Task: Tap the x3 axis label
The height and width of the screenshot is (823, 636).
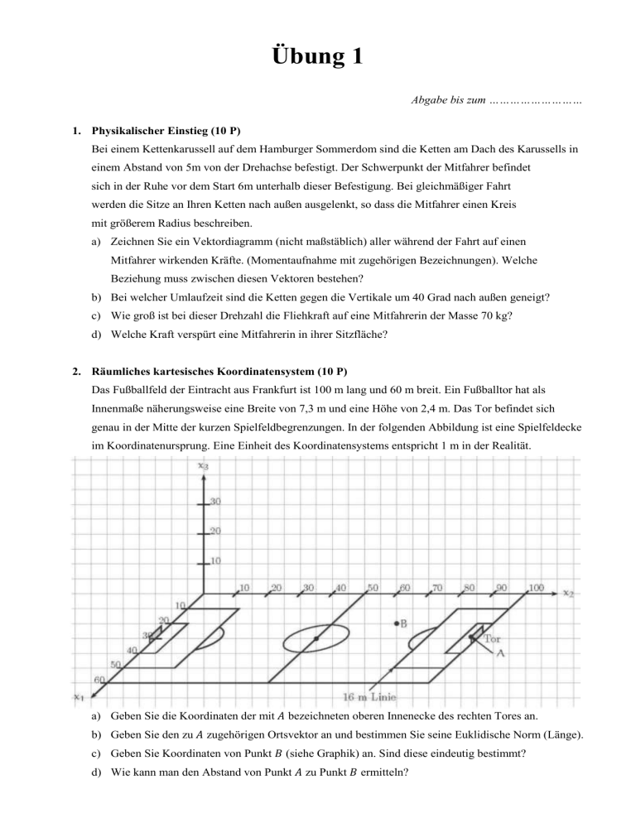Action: (203, 465)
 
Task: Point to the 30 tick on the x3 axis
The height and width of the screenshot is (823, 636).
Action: (214, 502)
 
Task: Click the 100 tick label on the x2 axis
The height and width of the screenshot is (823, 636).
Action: (536, 588)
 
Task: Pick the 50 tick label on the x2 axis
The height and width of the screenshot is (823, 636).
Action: (373, 588)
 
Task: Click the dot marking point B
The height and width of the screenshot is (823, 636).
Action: (397, 623)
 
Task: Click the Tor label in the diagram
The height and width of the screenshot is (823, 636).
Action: (493, 638)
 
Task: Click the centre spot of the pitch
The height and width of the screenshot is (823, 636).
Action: (316, 638)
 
